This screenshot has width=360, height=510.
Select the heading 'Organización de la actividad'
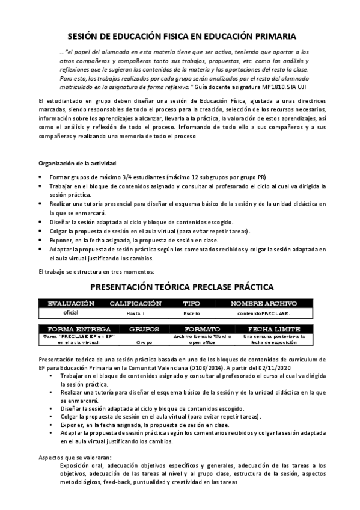pos(78,164)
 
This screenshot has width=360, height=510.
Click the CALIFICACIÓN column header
pos(135,303)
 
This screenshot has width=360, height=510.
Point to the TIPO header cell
pos(191,303)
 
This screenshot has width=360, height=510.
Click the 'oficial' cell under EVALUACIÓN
pos(71,313)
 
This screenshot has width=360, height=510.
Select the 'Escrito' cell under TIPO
pos(191,313)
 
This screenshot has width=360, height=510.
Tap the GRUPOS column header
pos(144,330)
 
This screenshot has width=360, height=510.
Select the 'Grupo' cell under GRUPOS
pos(144,343)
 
